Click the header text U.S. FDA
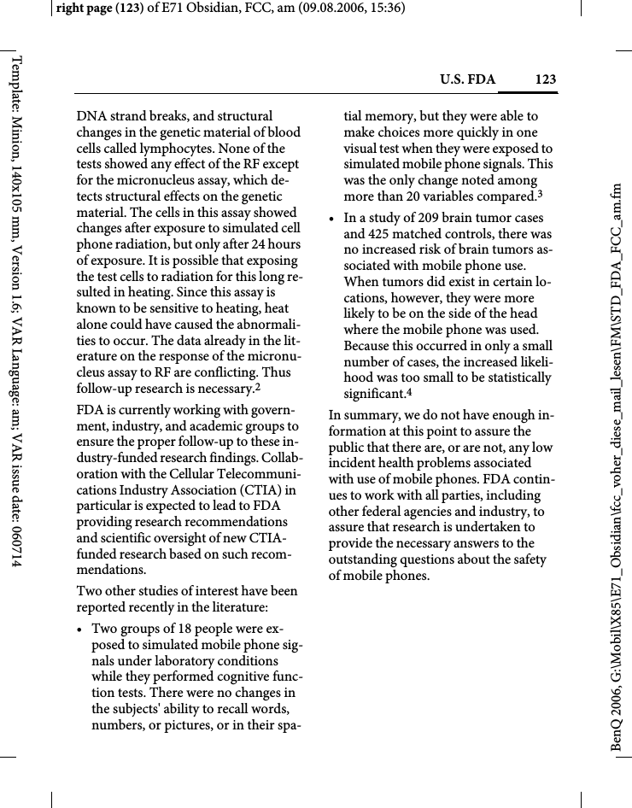coord(467,80)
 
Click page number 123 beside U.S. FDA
coord(545,80)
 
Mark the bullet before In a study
coord(333,219)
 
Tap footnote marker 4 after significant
coord(408,392)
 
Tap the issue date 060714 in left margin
coord(16,540)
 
